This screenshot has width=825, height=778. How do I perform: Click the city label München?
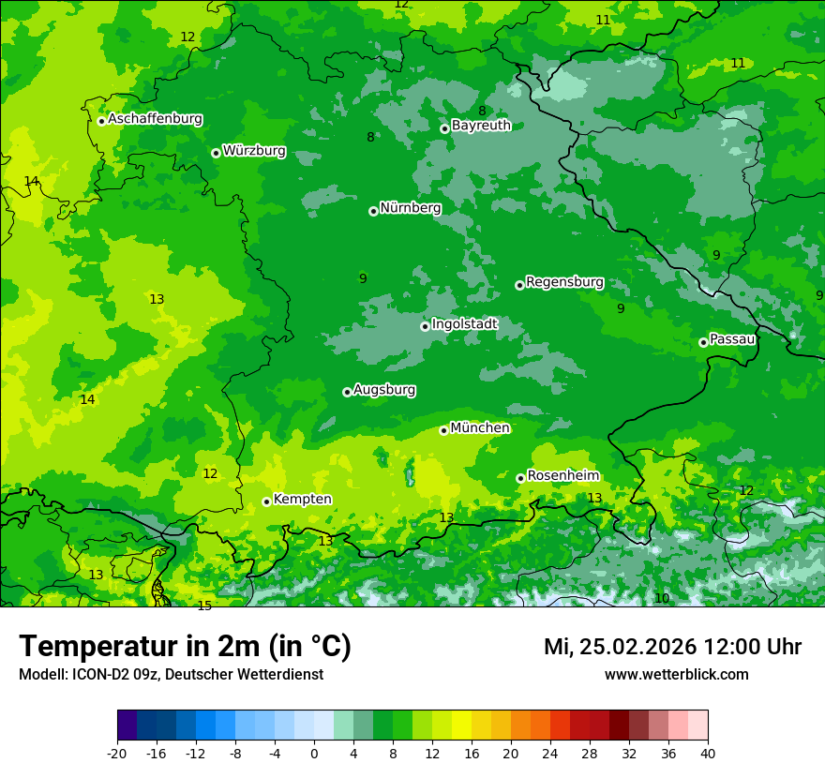480,428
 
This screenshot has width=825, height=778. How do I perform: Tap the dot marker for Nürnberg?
373,211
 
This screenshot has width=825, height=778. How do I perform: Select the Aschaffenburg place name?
155,119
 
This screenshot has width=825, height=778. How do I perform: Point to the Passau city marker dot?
703,342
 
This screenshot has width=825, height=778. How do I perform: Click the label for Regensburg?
564,282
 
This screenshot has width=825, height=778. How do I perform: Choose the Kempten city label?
302,500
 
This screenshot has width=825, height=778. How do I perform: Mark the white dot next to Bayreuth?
444,128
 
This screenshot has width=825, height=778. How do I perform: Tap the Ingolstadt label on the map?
464,324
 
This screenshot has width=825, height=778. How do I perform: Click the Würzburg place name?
254,151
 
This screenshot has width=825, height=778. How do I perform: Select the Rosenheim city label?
562,476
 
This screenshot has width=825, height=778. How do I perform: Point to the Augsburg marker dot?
347,392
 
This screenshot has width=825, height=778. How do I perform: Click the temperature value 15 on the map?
204,606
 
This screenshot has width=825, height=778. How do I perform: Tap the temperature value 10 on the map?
662,598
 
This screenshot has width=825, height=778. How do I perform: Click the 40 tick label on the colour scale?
708,753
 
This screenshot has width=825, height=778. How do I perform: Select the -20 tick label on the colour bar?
117,753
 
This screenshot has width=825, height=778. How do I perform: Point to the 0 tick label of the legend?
314,753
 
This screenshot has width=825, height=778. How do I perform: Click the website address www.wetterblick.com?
676,674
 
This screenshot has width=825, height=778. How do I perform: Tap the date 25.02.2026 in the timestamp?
637,647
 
